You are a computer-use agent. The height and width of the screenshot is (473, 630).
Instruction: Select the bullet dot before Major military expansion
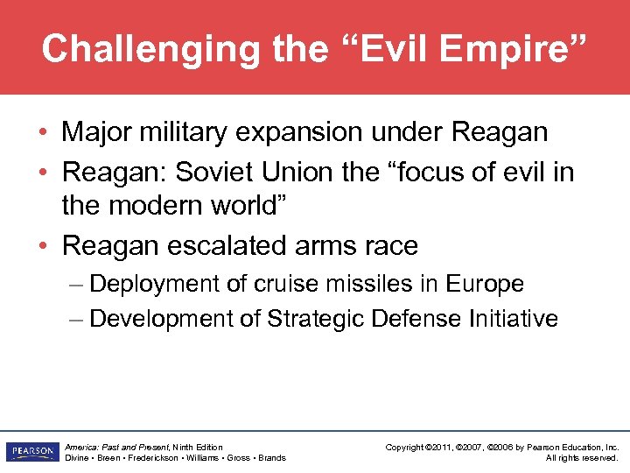[x=44, y=133]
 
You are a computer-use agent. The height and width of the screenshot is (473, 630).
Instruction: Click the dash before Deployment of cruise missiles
[x=77, y=284]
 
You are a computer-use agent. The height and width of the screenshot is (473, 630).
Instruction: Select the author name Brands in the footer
[x=272, y=458]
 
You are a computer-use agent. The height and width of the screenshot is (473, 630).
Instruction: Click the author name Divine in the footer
[x=78, y=458]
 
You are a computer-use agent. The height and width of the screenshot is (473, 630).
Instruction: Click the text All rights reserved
[x=582, y=458]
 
